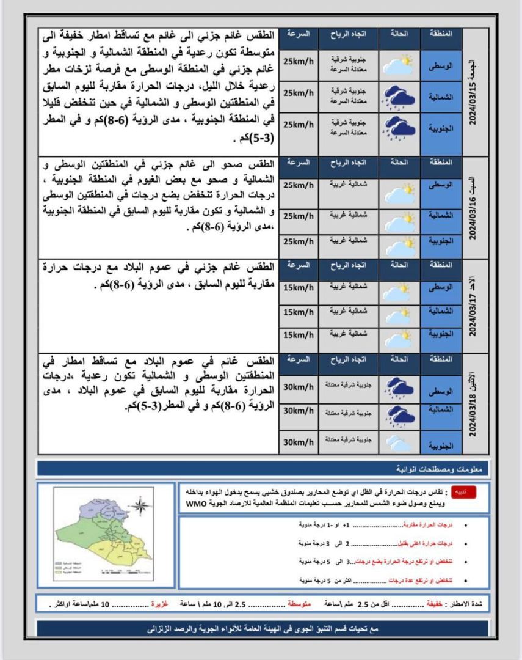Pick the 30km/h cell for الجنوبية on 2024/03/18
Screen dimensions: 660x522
pyautogui.click(x=299, y=442)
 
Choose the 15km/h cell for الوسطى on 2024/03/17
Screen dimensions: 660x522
pyautogui.click(x=299, y=287)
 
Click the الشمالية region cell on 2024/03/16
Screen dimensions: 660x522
pyautogui.click(x=441, y=216)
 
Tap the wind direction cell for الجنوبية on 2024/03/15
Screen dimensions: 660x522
pyautogui.click(x=347, y=127)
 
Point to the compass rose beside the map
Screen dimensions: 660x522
pyautogui.click(x=140, y=505)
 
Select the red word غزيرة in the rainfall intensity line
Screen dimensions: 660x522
pyautogui.click(x=160, y=604)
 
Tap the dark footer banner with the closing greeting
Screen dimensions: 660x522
pyautogui.click(x=263, y=628)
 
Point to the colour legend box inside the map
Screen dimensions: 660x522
pyautogui.click(x=71, y=568)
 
